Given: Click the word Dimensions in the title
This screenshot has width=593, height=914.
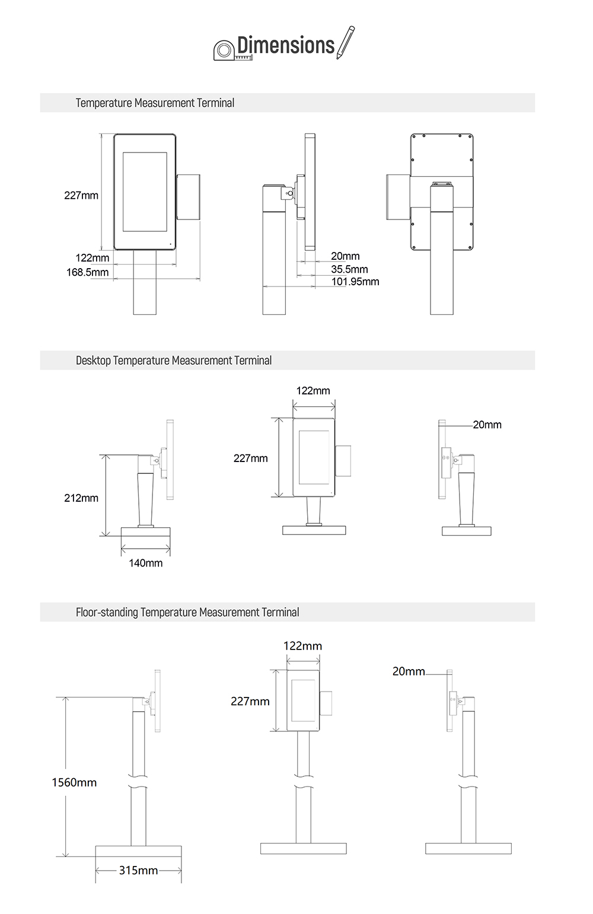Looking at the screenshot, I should click(x=286, y=45).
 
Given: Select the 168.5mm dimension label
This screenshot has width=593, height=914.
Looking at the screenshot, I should click(x=88, y=272).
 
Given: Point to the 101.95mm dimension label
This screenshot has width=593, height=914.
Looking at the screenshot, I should click(x=355, y=282).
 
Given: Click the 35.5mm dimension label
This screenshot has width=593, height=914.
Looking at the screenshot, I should click(x=349, y=269).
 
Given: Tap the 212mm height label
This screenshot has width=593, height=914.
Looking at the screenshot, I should click(x=81, y=498).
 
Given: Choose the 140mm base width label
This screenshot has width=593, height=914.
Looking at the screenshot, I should click(x=146, y=563).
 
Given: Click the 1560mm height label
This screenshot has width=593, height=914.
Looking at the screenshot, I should click(x=74, y=782).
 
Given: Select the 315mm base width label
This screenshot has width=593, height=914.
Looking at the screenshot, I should click(x=138, y=870).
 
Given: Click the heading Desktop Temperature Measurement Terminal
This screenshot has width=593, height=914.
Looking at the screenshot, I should click(x=174, y=361).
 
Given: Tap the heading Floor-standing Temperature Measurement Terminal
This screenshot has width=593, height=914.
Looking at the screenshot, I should click(x=187, y=612).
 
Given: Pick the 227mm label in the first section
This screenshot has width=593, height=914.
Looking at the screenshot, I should click(x=81, y=195).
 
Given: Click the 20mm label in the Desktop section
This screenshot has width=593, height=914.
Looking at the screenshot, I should click(x=487, y=425).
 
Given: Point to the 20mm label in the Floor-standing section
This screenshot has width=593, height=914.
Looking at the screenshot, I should click(x=409, y=671).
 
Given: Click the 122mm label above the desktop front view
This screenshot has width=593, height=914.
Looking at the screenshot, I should click(x=313, y=391).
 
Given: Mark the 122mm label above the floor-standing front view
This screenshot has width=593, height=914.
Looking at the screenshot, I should click(x=302, y=646).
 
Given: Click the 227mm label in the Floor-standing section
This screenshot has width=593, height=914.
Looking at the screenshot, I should click(x=250, y=702).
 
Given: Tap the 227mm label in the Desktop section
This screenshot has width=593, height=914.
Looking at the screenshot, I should click(x=250, y=458).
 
